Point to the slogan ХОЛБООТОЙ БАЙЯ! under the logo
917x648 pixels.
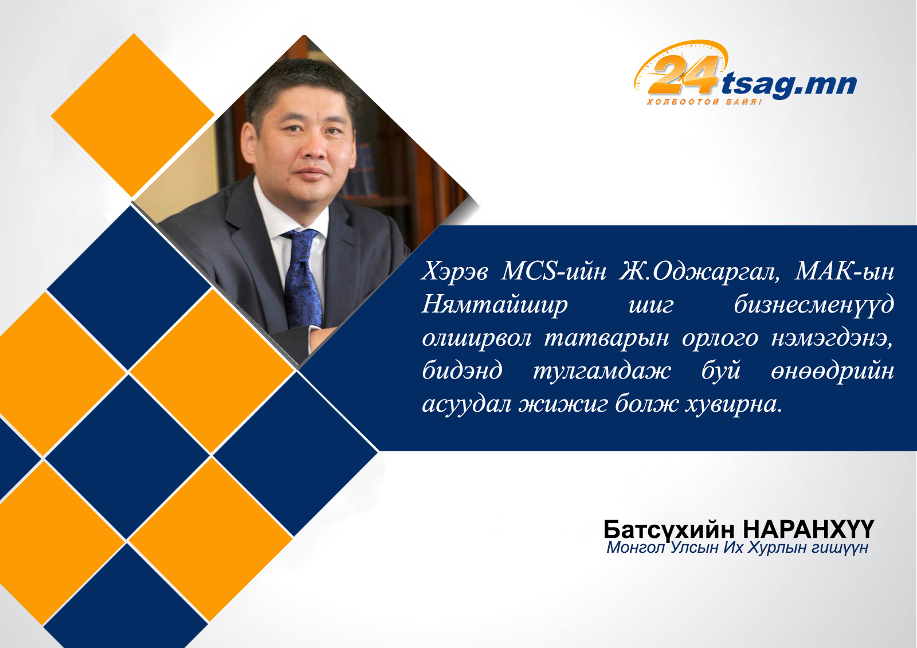coord(704,102)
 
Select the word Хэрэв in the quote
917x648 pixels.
coord(455,271)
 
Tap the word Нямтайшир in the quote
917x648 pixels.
coord(495,305)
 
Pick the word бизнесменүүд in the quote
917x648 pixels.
coord(814,305)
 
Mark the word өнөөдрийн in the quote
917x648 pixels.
coord(833,371)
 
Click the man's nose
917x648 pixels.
coord(315,150)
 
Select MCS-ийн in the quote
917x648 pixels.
coord(554,271)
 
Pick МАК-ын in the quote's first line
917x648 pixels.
coord(844,271)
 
